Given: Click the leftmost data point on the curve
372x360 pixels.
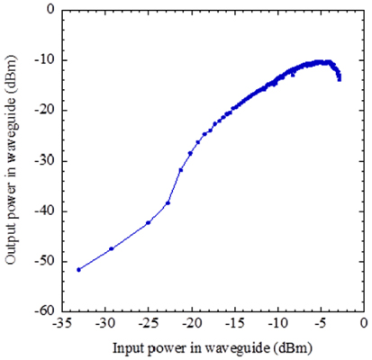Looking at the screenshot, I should click(78, 269).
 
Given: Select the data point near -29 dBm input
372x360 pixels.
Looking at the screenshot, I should click(111, 248).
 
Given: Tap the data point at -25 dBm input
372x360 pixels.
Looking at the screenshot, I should click(148, 222).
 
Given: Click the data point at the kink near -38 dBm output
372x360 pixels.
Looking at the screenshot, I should click(168, 202).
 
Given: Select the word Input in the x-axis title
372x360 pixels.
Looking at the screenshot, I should click(129, 346).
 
